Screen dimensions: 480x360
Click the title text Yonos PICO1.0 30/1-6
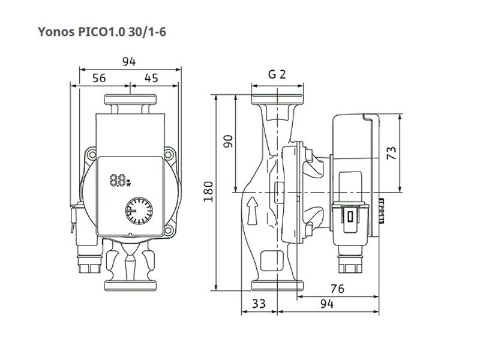(x=102, y=32)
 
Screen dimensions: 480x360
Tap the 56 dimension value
(x=99, y=78)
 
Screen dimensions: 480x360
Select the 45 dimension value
(x=151, y=78)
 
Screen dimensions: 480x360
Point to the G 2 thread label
(x=277, y=74)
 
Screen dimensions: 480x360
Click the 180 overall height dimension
(x=208, y=191)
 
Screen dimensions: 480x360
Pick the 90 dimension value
(x=228, y=141)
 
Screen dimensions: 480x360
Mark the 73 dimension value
(x=392, y=153)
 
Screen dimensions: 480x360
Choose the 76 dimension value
(x=337, y=289)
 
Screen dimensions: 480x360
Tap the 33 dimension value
(x=259, y=304)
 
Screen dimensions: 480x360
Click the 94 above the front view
(x=129, y=62)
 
